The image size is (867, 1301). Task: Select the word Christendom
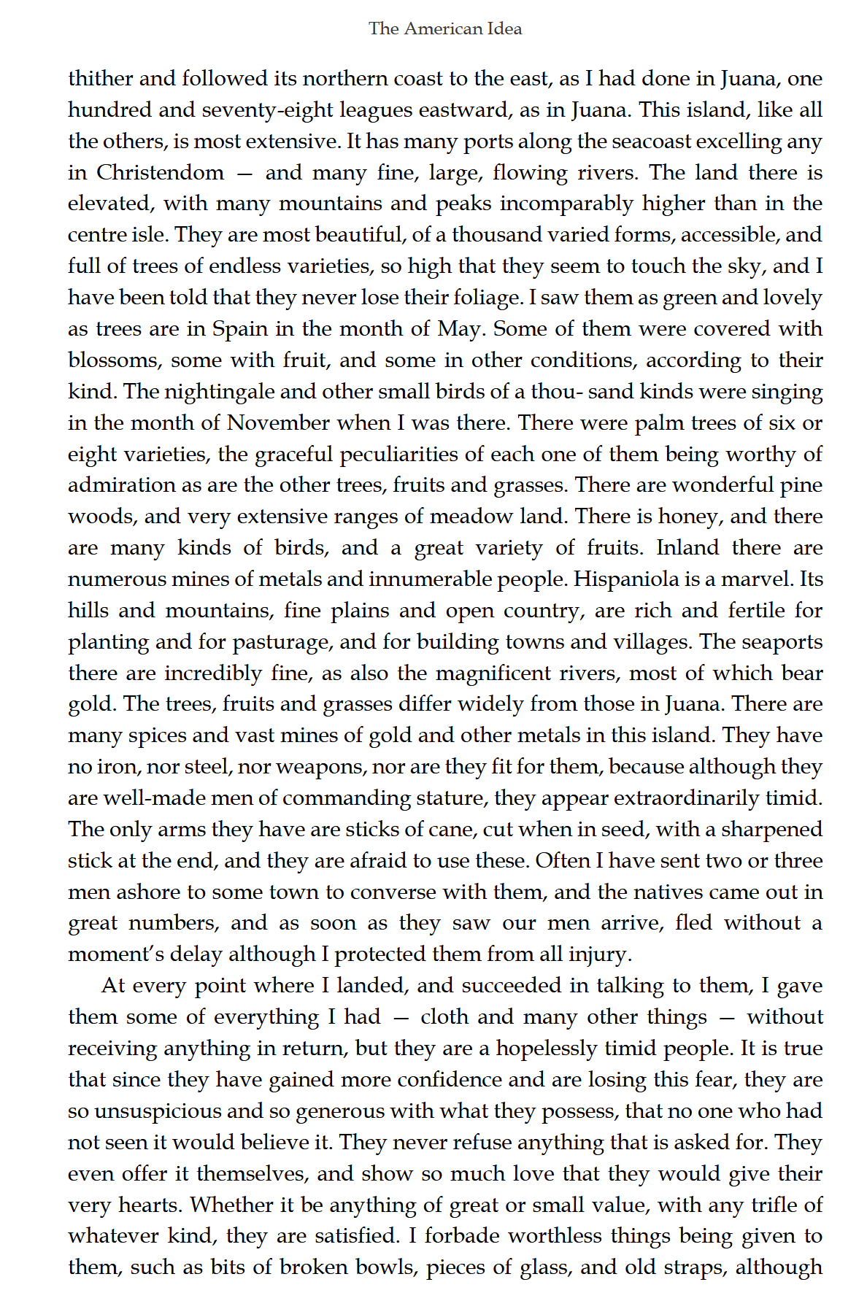160,173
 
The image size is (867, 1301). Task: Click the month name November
278,423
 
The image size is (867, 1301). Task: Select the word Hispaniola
626,579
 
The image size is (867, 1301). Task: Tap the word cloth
445,1017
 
